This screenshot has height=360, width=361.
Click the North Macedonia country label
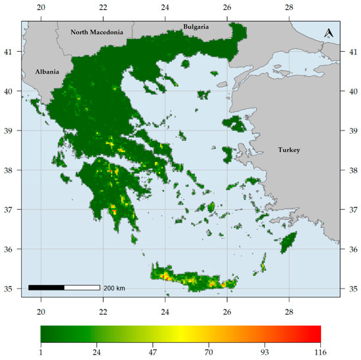(x=97, y=31)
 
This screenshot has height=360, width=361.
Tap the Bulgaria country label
(x=196, y=27)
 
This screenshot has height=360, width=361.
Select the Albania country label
(x=47, y=72)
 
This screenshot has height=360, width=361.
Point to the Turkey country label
(x=288, y=150)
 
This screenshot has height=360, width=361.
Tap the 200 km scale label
(x=115, y=288)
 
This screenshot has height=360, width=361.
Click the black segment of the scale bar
(x=46, y=287)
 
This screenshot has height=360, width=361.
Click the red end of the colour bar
(x=317, y=334)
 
